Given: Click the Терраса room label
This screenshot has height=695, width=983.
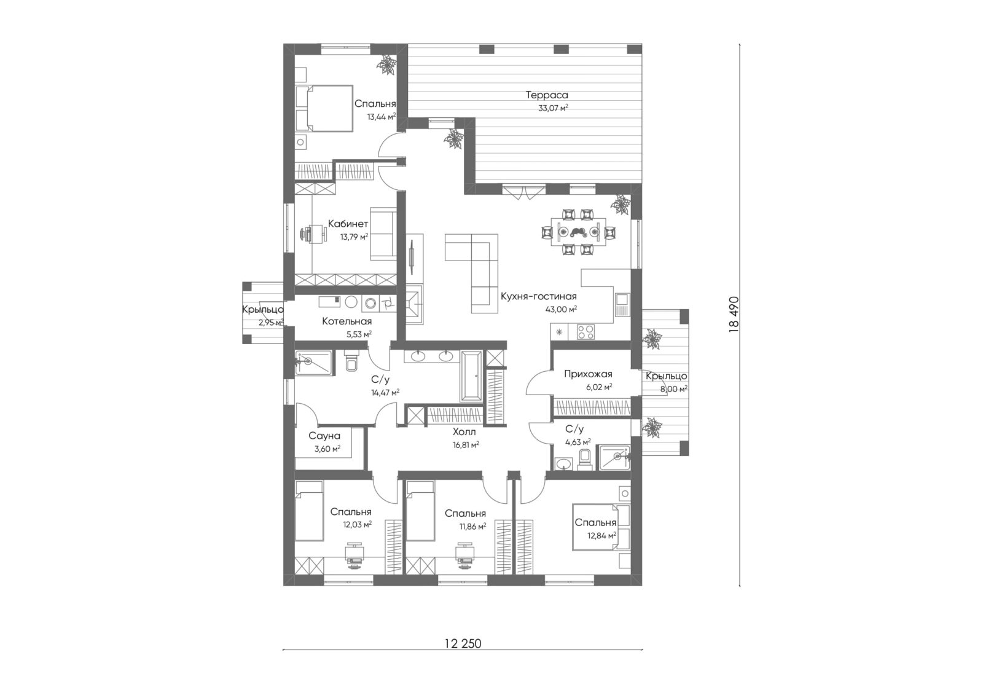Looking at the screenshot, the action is pos(546,95).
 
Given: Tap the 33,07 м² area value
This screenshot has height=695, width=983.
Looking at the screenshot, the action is pos(553,108).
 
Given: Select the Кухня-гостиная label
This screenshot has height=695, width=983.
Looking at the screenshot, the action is pos(538,296).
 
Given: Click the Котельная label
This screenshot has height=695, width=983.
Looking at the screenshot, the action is pos(347,321).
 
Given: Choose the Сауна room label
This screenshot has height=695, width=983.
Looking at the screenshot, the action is pos(324,436).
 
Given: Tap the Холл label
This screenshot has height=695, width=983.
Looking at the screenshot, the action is pos(464,433).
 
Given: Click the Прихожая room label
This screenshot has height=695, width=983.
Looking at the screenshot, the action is pos(588,374).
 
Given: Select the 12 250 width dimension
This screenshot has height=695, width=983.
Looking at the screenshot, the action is pos(463,643).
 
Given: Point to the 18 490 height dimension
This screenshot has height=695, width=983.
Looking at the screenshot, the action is pos(734,315).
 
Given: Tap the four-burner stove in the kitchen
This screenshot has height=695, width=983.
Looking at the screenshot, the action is pos(585,331).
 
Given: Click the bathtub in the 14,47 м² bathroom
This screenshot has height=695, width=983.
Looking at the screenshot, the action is pos(471,376).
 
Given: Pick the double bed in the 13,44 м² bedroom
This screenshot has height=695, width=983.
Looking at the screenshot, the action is pos(324,108).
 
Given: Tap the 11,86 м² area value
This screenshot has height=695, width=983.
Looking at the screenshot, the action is pos(472,527).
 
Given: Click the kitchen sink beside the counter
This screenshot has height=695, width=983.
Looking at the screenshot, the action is pos(623,304).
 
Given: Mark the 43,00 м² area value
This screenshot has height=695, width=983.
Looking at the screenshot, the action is pos(561,309).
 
